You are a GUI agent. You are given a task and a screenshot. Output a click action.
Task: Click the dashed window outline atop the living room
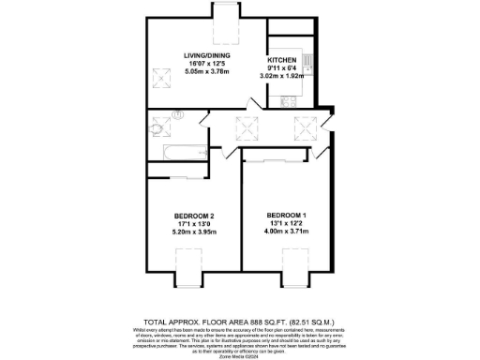226,27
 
